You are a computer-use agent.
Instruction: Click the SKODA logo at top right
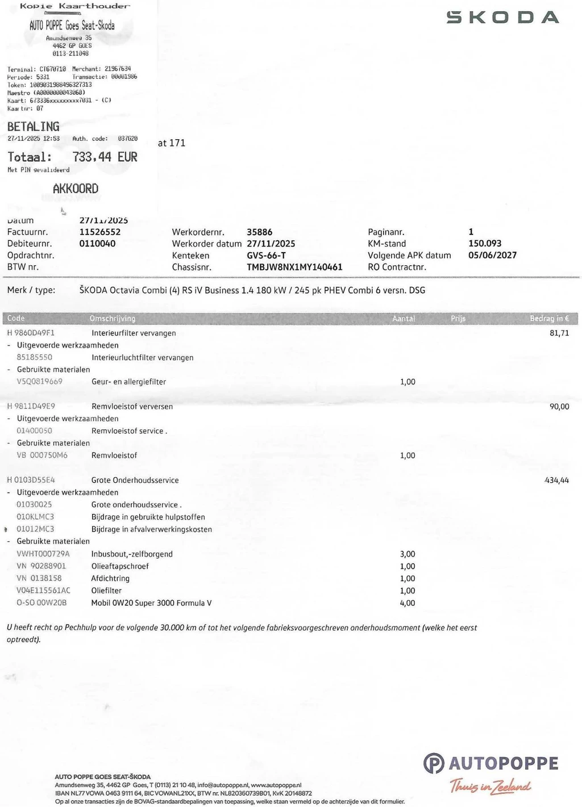pyautogui.click(x=502, y=17)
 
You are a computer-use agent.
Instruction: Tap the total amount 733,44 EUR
pyautogui.click(x=105, y=157)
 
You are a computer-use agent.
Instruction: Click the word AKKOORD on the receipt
pyautogui.click(x=76, y=189)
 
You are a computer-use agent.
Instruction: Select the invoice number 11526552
pyautogui.click(x=100, y=232)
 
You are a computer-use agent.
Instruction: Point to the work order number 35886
pyautogui.click(x=260, y=232)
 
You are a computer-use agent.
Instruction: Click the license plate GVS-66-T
pyautogui.click(x=267, y=256)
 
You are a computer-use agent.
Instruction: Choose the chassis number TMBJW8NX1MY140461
pyautogui.click(x=294, y=267)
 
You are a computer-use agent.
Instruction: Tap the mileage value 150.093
pyautogui.click(x=485, y=243)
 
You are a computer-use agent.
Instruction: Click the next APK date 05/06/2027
pyautogui.click(x=492, y=255)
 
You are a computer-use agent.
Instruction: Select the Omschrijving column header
pyautogui.click(x=113, y=319)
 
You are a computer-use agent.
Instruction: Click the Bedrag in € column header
pyautogui.click(x=549, y=319)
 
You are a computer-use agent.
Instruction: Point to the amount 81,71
pyautogui.click(x=559, y=333)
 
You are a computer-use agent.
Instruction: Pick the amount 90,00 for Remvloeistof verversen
pyautogui.click(x=559, y=407)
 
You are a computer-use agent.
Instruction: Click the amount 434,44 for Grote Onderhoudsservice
pyautogui.click(x=556, y=480)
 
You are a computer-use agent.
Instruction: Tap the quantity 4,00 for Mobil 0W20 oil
pyautogui.click(x=408, y=603)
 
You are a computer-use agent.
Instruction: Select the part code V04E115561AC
pyautogui.click(x=44, y=591)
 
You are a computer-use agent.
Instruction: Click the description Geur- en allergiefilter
pyautogui.click(x=129, y=382)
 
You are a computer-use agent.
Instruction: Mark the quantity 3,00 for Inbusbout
pyautogui.click(x=408, y=554)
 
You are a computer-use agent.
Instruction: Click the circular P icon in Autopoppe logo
pyautogui.click(x=434, y=763)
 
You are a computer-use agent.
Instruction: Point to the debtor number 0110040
pyautogui.click(x=97, y=244)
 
